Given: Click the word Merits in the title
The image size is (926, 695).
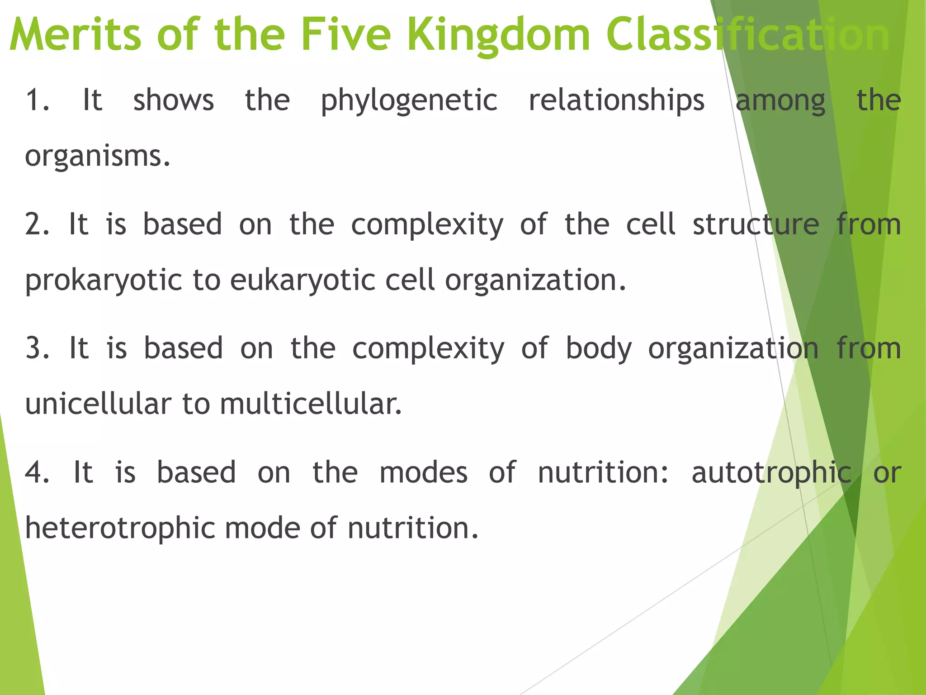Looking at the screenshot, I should [75, 34].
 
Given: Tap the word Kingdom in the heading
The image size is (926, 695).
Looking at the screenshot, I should [499, 35].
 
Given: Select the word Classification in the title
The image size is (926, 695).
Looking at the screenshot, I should [747, 35].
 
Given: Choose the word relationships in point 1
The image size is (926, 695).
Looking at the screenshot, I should [616, 100].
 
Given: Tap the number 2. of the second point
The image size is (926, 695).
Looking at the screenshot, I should [37, 224].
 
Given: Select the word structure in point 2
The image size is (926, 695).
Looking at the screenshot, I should [756, 224].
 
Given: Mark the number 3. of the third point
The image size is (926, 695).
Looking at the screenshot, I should [37, 348].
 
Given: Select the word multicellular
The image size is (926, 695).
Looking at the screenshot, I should [311, 404].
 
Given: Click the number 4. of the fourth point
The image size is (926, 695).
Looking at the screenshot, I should [37, 472].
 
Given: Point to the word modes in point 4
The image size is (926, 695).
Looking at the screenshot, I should [423, 473].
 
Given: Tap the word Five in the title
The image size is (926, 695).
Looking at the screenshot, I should [346, 34].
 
